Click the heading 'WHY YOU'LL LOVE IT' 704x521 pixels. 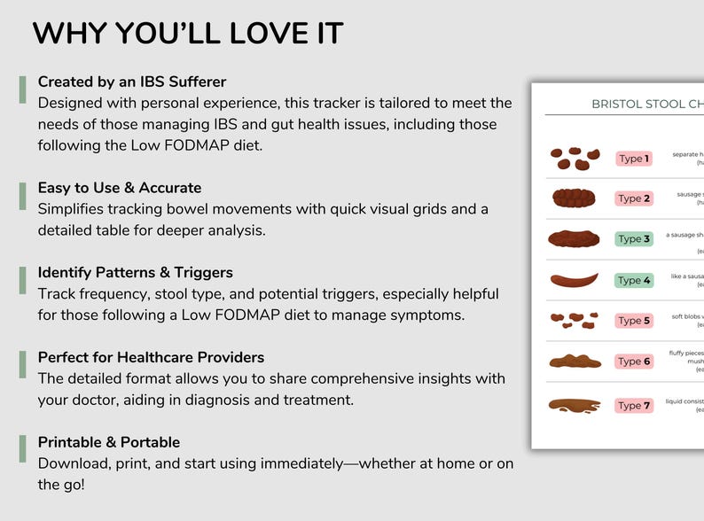pos(188,34)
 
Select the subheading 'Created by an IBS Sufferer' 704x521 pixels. pos(132,82)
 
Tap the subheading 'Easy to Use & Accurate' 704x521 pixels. pos(120,188)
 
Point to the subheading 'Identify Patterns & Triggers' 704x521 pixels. pos(136,272)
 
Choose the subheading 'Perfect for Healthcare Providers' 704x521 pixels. pos(151,357)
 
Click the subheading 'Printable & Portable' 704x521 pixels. pos(109,442)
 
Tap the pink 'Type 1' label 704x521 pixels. pos(634,159)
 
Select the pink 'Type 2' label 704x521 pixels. pos(634,198)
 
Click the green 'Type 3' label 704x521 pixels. pos(634,239)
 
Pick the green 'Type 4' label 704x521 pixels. pos(634,280)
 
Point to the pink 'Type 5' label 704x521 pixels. pos(634,321)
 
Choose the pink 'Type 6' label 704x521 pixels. pos(634,362)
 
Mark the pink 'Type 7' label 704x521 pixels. pos(634,406)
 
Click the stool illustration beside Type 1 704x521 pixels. pos(571,159)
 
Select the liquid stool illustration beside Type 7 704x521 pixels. pos(574,406)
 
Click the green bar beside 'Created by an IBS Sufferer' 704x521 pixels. pos(22,89)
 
